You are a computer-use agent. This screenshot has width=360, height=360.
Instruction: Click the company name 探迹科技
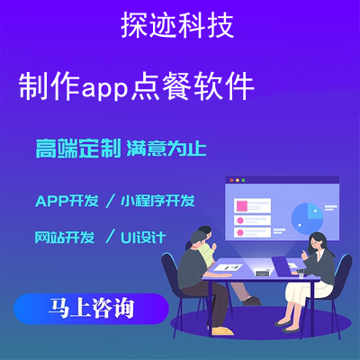coord(177,25)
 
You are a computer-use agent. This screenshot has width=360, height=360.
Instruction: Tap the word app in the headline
coord(105,89)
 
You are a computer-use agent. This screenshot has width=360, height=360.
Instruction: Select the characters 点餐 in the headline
coord(160,85)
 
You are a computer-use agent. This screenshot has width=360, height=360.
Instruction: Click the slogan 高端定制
coord(78,148)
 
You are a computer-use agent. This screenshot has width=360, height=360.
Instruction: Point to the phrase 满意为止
coord(166,148)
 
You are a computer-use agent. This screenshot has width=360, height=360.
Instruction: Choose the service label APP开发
coord(67,201)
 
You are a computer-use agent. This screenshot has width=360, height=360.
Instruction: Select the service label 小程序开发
coord(157,201)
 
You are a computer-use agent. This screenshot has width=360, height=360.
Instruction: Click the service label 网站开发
coord(65,238)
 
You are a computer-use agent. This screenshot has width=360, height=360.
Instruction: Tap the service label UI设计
coord(143,238)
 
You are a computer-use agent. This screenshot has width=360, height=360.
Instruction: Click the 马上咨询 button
coord(92,309)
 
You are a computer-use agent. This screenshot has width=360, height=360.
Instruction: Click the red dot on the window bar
coord(231,180)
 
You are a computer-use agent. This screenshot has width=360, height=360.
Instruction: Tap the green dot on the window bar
coord(243,180)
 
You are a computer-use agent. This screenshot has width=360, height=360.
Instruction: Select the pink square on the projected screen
coord(242,206)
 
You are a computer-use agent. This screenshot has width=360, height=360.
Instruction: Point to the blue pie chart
coord(307,219)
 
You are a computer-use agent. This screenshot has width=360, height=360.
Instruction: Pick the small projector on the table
coord(262,273)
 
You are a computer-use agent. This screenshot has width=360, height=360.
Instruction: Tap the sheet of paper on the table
coord(228,267)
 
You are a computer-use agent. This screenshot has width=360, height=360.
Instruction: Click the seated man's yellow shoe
coord(222,331)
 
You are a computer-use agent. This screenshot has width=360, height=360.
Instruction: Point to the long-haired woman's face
coord(313,243)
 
